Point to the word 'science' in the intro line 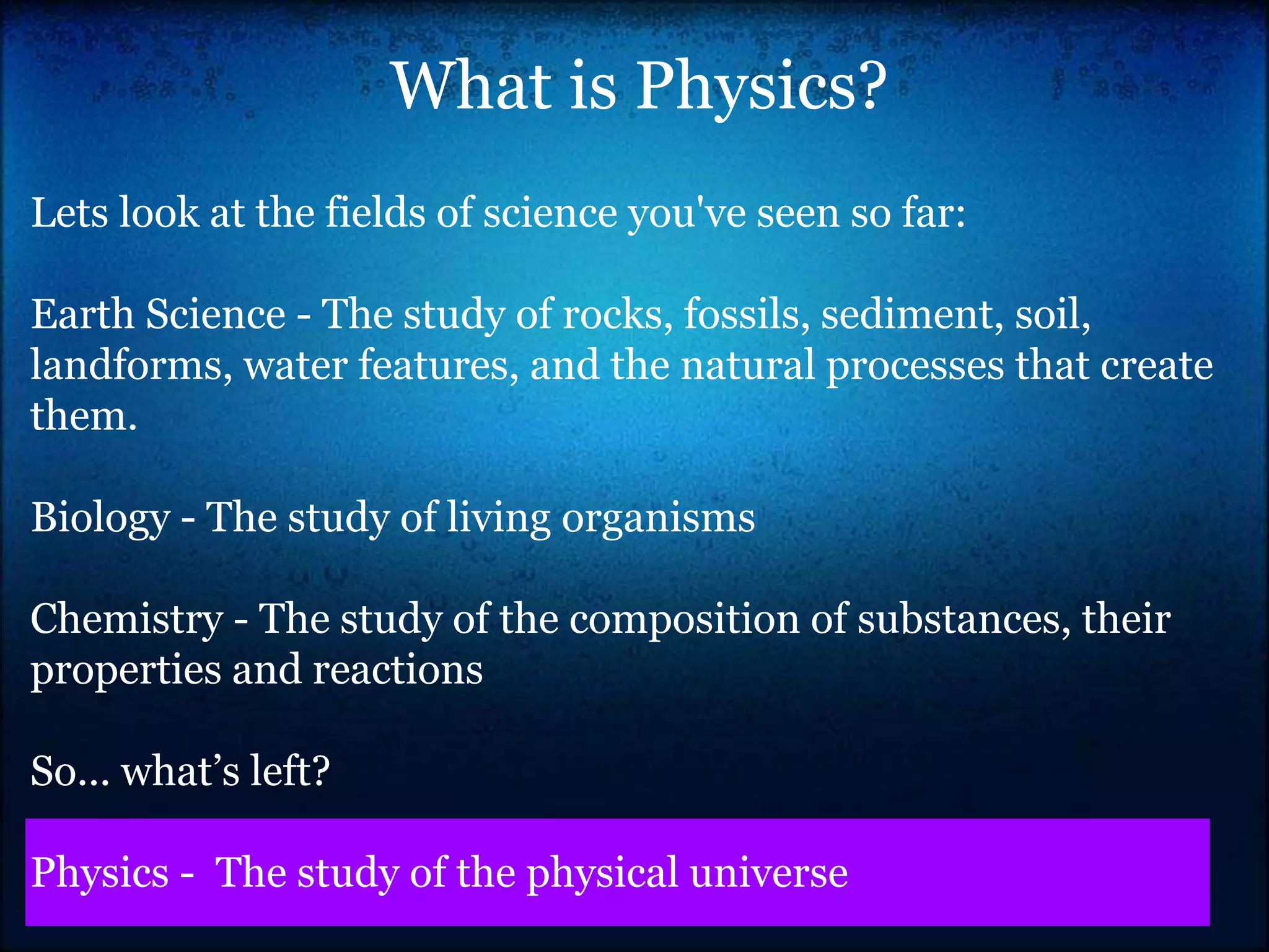click(x=550, y=213)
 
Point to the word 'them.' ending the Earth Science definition click(x=84, y=416)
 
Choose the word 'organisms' click(x=658, y=518)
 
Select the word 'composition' click(x=684, y=619)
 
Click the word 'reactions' click(x=397, y=670)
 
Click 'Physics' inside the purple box click(x=100, y=873)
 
